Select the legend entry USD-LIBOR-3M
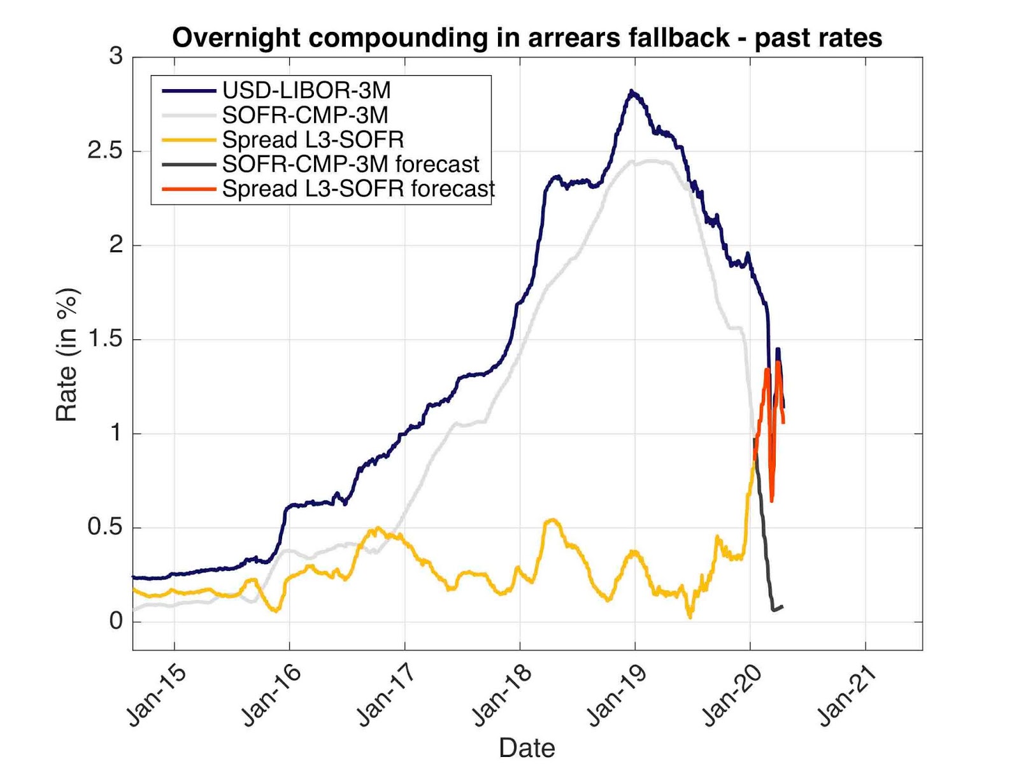pos(306,90)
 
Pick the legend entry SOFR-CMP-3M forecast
pos(350,164)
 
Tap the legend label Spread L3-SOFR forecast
pos(359,189)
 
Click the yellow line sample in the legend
pos(189,139)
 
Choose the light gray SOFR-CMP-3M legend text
pos(305,115)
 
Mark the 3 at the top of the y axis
pos(116,56)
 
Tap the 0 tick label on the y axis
pos(116,621)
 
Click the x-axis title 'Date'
pos(527,747)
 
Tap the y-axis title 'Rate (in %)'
pos(68,355)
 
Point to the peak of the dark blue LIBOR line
pos(631,92)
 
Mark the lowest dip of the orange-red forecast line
pos(772,501)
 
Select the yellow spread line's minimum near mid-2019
pos(690,617)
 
